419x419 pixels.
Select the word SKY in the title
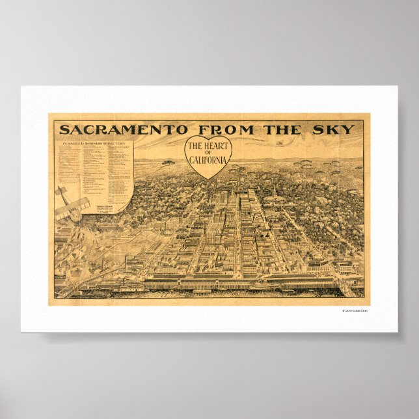[336, 129]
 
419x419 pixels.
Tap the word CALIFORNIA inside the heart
[209, 161]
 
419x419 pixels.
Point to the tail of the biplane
[59, 192]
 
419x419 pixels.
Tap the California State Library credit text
[360, 310]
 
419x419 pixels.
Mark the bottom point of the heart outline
[209, 179]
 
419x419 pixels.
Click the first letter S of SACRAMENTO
[64, 129]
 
